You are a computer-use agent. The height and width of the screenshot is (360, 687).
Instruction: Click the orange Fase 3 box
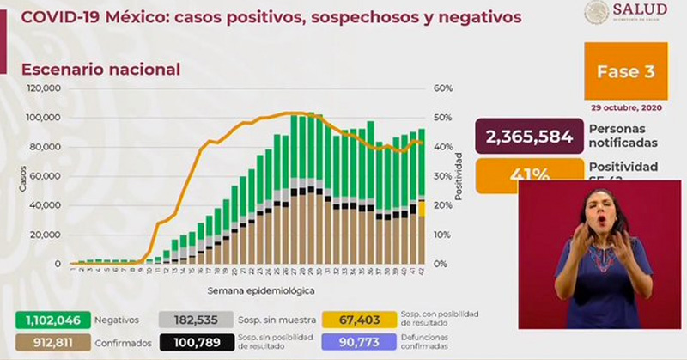point(625,72)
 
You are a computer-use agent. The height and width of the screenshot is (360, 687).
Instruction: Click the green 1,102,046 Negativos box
point(41,319)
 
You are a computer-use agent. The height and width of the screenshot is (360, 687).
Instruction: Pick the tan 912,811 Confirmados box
point(41,342)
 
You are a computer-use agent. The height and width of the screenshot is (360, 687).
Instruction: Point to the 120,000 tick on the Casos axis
point(42,88)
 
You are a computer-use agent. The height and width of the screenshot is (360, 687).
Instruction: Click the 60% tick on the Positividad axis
point(443,88)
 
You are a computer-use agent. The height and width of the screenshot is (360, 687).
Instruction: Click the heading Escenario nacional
point(100,69)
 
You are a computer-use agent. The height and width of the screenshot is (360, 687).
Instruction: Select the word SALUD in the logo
point(640,9)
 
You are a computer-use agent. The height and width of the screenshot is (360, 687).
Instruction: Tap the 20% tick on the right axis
point(443,205)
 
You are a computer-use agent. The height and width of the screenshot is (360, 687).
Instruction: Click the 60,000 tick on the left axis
point(45,176)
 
